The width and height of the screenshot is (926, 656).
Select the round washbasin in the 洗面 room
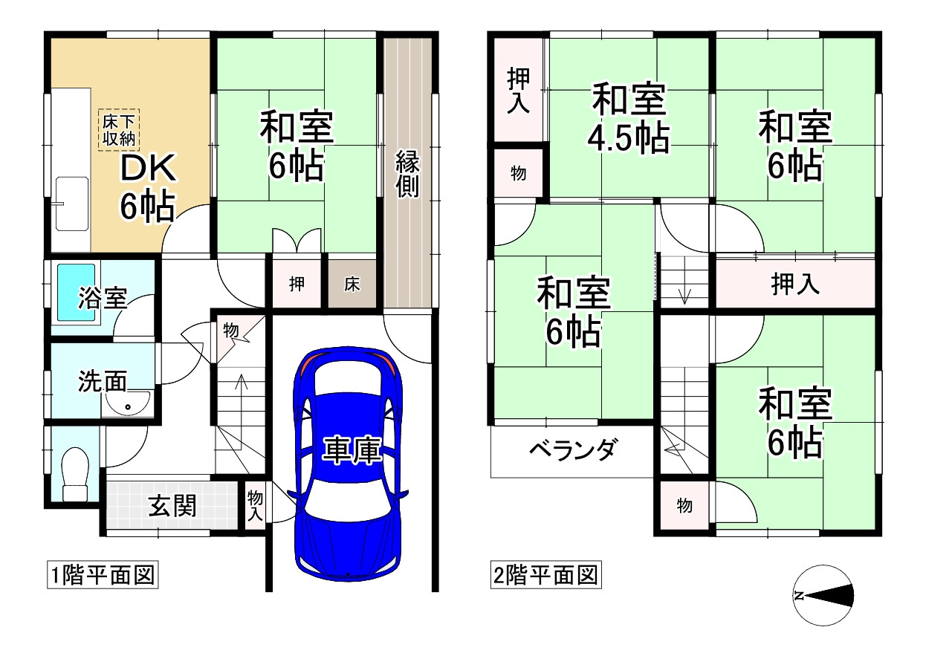click(x=129, y=406)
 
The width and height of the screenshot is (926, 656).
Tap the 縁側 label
click(x=407, y=173)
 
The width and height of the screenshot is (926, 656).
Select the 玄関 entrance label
click(x=172, y=506)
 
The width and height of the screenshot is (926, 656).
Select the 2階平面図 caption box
click(x=545, y=575)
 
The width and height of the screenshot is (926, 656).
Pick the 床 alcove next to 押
click(x=352, y=283)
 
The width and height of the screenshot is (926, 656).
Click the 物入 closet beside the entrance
click(x=255, y=505)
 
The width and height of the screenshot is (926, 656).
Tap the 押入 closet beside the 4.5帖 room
click(x=519, y=90)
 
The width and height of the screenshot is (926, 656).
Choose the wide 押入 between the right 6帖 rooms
click(x=794, y=284)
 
